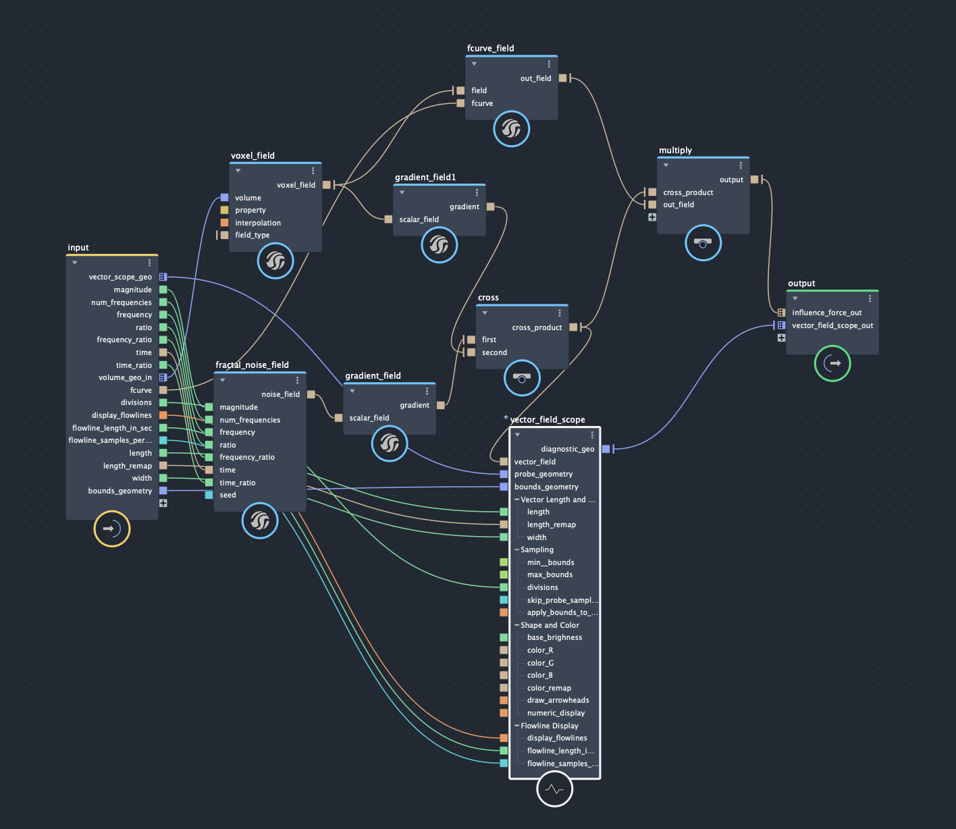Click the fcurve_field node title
coord(490,49)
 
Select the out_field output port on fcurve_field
coord(562,78)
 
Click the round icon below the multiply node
coord(703,243)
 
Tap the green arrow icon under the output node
coord(832,363)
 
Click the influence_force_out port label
coord(826,313)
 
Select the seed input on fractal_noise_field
coord(209,495)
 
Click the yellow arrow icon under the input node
coord(111,529)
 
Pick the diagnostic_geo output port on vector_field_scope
coord(606,449)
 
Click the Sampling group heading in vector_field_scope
coord(537,550)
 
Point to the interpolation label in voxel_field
coord(258,223)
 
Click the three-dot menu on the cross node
coord(560,313)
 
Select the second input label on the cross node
coord(494,352)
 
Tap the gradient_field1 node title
coord(425,178)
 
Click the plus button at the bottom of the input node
coord(163,503)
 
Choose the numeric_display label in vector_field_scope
coord(556,713)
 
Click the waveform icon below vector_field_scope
coord(554,788)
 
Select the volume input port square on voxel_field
coord(224,198)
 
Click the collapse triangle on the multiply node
coord(666,165)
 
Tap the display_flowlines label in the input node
coord(122,415)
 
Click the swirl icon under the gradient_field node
coord(390,444)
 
